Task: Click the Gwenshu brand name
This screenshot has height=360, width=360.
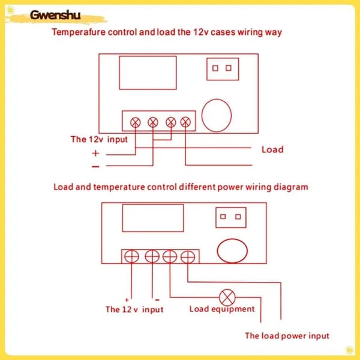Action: click(55, 16)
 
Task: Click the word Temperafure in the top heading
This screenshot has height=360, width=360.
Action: click(79, 32)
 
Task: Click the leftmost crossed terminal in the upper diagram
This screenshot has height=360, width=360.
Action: click(136, 122)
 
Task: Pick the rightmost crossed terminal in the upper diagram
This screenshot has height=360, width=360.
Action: click(185, 122)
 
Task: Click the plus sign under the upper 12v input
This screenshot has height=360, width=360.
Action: click(95, 153)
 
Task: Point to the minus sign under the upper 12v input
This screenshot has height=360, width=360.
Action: click(95, 166)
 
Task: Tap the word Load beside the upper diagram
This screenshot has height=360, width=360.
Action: click(272, 149)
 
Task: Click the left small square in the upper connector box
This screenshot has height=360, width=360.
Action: click(215, 68)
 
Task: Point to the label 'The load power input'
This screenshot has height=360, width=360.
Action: click(287, 336)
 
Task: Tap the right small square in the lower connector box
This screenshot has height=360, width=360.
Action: click(238, 217)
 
